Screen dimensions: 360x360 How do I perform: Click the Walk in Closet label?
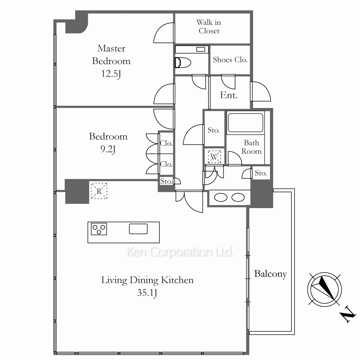209,27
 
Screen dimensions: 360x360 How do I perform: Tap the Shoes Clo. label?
230,60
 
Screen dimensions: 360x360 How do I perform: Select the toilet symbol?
183,62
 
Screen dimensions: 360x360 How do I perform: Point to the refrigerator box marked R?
99,191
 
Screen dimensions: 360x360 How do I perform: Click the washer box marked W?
214,157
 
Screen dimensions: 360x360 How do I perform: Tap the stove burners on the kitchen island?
99,229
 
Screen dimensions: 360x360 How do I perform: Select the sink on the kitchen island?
138,229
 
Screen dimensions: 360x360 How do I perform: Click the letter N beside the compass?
348,315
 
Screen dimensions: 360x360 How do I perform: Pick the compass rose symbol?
324,289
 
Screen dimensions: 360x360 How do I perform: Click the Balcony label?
270,274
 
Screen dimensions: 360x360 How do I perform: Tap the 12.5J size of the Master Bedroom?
111,74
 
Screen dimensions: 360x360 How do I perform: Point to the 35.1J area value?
147,293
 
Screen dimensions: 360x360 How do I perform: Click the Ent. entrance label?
229,95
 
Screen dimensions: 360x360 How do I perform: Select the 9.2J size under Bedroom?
108,149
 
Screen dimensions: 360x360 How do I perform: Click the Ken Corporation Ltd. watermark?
180,252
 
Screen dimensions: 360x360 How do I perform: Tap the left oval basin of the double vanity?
221,197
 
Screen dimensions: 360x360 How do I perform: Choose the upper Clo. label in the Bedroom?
166,143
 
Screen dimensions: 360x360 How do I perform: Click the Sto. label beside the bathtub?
214,130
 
